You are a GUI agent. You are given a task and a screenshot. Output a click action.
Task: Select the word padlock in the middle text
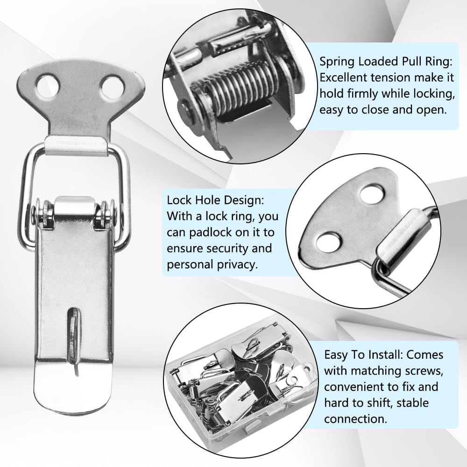[x=241, y=232]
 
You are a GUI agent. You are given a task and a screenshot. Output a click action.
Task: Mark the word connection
[x=356, y=418]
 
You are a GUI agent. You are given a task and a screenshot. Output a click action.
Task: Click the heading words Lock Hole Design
[x=215, y=200]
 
